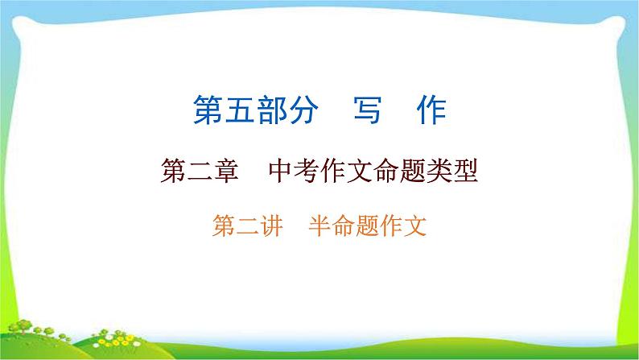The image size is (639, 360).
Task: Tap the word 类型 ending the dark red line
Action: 451,172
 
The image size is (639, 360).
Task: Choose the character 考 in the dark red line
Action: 306,172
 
